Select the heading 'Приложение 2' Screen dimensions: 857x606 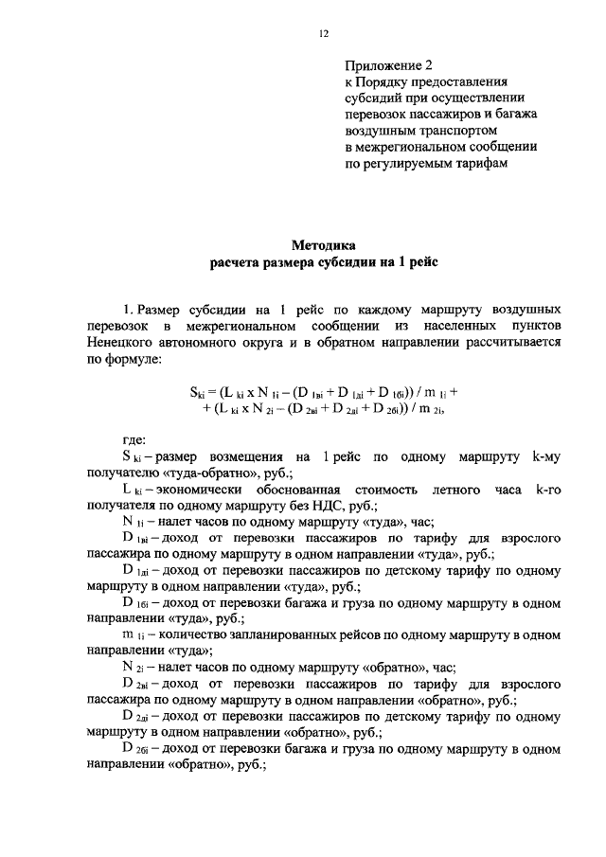[x=388, y=66]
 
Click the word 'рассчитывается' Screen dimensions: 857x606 [x=514, y=344]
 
